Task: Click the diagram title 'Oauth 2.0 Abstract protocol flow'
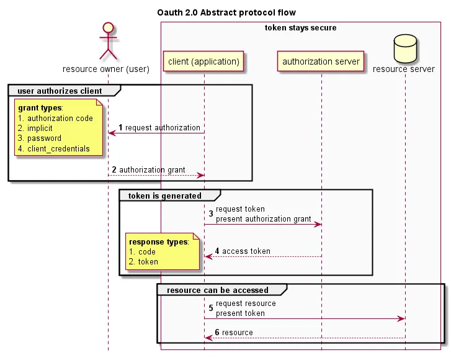click(x=226, y=12)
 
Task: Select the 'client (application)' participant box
click(x=203, y=61)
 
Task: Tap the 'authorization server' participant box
click(x=321, y=61)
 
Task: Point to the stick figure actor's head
click(x=107, y=28)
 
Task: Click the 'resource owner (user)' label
click(x=106, y=69)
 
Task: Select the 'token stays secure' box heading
click(x=301, y=28)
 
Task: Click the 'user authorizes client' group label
click(x=60, y=91)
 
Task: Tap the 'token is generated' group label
click(x=164, y=196)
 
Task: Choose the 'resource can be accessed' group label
click(x=218, y=290)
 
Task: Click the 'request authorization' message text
click(x=163, y=128)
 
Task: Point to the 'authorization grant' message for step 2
click(x=152, y=170)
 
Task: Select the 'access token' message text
click(x=246, y=251)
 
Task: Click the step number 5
click(x=211, y=308)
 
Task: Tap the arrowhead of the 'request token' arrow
click(x=318, y=224)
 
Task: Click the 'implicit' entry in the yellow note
click(x=40, y=128)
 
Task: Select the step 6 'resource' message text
click(x=237, y=333)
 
